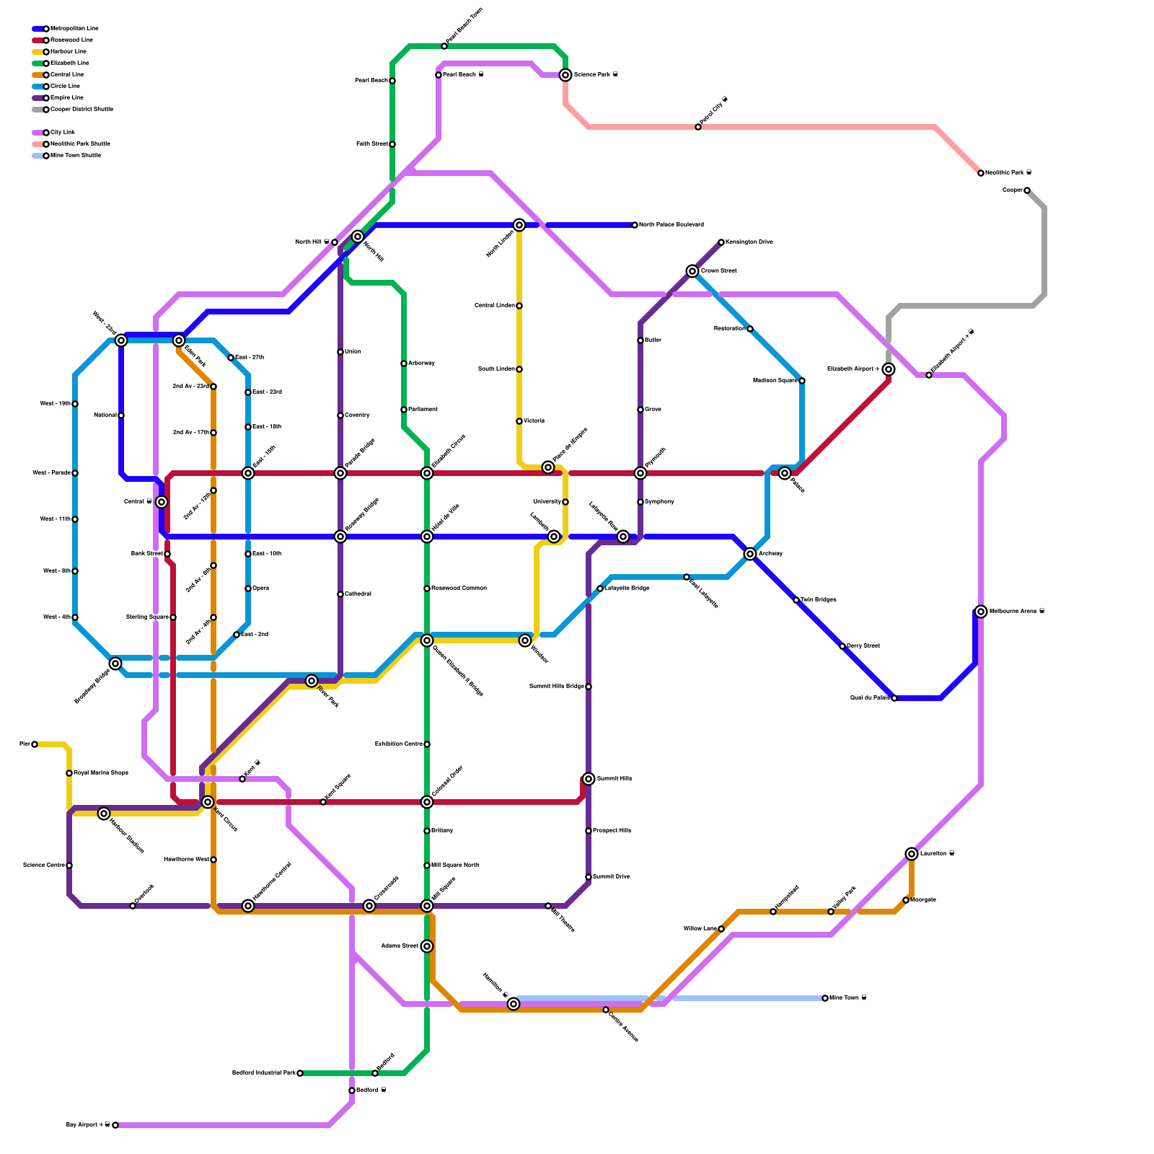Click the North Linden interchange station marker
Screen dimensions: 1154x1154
point(519,225)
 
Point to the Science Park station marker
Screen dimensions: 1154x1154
point(565,75)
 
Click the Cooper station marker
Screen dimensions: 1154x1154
point(1027,190)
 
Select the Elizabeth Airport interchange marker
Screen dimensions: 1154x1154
point(889,369)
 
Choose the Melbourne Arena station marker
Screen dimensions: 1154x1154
point(981,612)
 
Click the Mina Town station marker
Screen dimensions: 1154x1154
point(825,998)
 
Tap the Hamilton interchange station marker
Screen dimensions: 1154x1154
point(514,1004)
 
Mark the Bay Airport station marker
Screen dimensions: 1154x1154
point(115,1125)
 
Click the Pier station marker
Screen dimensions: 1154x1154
point(35,744)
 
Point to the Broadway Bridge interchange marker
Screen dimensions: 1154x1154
point(115,664)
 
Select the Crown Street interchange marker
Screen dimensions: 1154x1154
point(692,271)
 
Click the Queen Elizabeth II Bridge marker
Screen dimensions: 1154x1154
point(427,640)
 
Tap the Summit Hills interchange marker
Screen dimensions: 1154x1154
point(589,779)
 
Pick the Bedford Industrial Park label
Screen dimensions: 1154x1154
point(263,1073)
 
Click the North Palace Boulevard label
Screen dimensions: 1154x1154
point(671,225)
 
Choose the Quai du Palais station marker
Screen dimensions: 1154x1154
point(894,698)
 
